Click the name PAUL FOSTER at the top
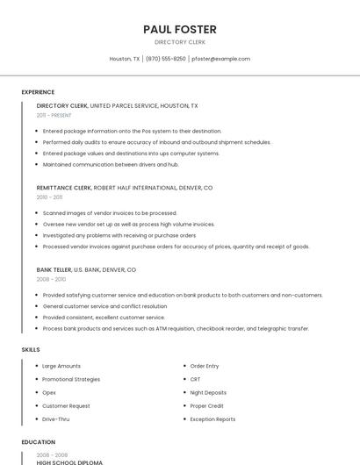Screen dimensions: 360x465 (180, 29)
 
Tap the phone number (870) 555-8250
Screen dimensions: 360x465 (165, 59)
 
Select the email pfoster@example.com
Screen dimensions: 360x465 (220, 59)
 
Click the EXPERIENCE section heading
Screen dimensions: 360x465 (38, 92)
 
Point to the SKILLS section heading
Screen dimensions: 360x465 (31, 349)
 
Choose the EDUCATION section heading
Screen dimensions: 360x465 (39, 442)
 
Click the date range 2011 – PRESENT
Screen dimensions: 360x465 (54, 115)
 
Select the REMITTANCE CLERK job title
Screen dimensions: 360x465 (64, 188)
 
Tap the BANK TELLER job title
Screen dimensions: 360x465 (54, 269)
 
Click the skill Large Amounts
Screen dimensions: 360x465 (61, 366)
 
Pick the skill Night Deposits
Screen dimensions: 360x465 (208, 392)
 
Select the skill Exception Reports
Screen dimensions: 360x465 (212, 419)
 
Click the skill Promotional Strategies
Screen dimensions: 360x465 (71, 379)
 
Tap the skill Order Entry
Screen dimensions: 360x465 (205, 366)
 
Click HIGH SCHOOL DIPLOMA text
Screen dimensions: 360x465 (69, 461)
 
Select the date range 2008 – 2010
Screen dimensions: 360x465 (51, 279)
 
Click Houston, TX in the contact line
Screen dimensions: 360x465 (124, 59)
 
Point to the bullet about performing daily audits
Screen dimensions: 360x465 (156, 142)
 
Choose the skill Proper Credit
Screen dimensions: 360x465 (207, 406)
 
